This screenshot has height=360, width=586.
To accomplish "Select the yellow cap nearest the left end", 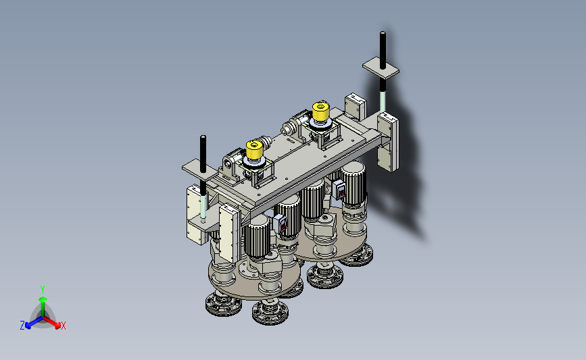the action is [x=255, y=150].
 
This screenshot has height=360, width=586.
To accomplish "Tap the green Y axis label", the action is [x=43, y=290].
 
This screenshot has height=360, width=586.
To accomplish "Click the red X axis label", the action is [x=64, y=326].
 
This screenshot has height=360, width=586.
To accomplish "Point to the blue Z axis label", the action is [x=22, y=326].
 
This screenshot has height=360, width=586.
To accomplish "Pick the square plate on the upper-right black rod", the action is [x=381, y=68].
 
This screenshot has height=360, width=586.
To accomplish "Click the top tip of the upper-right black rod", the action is [x=383, y=32].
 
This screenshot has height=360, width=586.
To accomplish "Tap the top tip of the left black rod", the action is [x=203, y=136].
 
